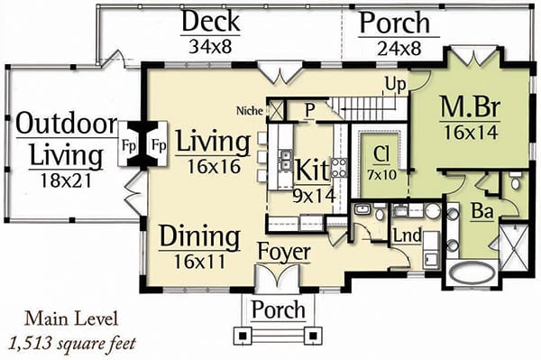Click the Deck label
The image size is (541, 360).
point(210,22)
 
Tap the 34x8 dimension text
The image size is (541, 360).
point(210,46)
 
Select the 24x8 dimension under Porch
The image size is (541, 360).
point(399,49)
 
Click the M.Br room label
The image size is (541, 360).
point(470,106)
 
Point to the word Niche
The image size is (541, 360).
point(250,111)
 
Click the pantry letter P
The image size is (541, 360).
point(310,110)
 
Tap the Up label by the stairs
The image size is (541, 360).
point(396,84)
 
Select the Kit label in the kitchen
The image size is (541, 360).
point(313,170)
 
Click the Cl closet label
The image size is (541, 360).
point(381,154)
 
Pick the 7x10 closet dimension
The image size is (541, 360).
point(381,175)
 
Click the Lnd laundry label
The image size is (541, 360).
point(408,235)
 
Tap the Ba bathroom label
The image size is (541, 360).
point(482,211)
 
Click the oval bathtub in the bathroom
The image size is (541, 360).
point(472,272)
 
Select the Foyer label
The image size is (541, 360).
point(284,253)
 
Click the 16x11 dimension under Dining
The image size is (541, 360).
point(199,262)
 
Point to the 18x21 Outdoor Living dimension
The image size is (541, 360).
point(66,180)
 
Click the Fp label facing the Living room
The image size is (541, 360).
point(159,145)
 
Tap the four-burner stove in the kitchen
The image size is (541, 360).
point(339,168)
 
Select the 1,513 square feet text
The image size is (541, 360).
point(73,344)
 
